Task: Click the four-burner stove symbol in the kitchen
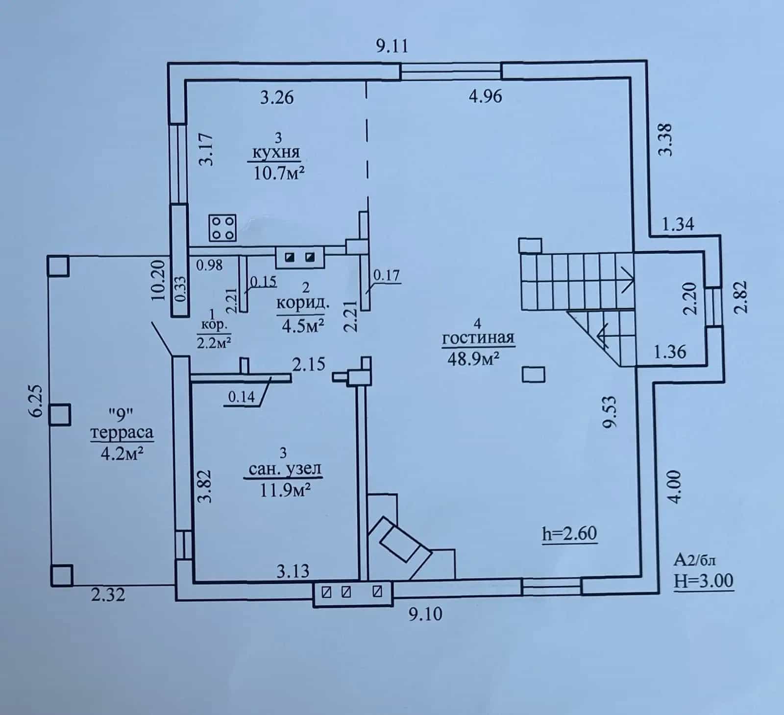pos(222,228)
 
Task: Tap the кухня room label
pos(276,152)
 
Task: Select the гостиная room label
pos(478,338)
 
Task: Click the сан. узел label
pos(285,469)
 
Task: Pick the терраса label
pos(122,432)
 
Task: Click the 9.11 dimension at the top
pos(392,46)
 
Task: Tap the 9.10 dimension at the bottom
pos(425,613)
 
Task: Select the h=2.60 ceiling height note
pos(570,533)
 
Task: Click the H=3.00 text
pos(704,581)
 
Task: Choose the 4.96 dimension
pos(485,96)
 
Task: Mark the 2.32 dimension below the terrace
pos(108,595)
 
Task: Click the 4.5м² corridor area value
pos(303,326)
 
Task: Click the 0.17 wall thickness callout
pos(387,275)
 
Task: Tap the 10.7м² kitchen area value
pos(280,173)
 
